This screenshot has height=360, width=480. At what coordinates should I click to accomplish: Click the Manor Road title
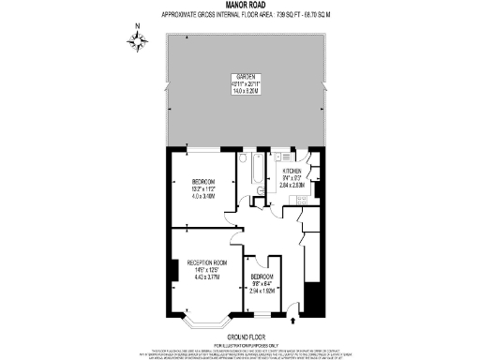point(240,6)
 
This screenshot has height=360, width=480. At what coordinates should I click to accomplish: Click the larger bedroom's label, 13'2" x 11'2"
point(204,188)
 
